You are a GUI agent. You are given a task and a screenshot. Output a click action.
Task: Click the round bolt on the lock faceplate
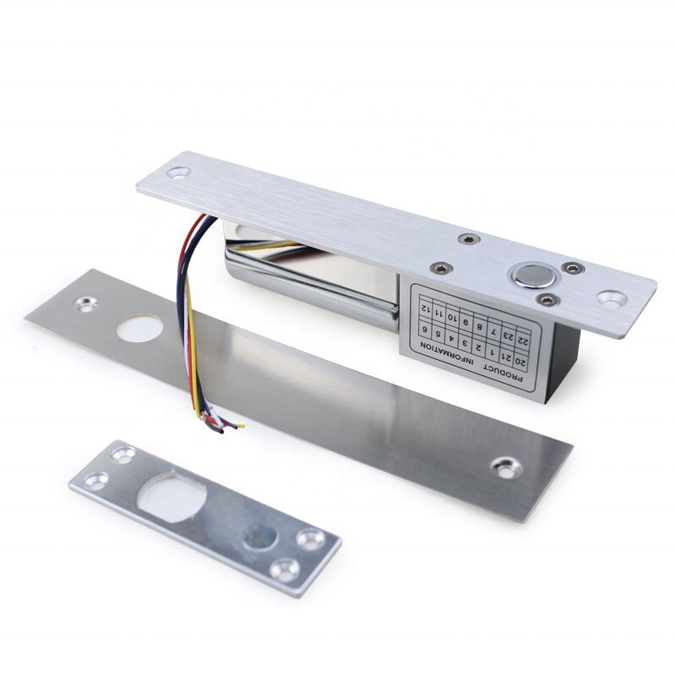tap(532, 276)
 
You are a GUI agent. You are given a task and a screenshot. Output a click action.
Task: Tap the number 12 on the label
tap(426, 309)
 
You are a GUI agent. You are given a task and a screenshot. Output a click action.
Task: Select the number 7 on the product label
tap(494, 333)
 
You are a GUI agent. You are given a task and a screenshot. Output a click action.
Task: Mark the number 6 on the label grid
tap(425, 330)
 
